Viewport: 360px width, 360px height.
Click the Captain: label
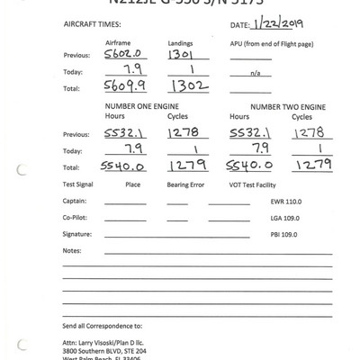(x=76, y=202)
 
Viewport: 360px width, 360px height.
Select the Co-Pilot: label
(x=76, y=218)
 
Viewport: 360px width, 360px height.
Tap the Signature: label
(x=78, y=232)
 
